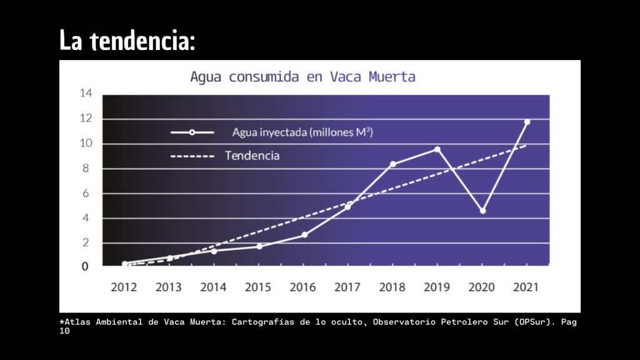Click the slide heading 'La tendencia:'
[127, 41]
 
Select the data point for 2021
[527, 122]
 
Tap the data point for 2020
[482, 211]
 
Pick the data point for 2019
[437, 149]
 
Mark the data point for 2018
[392, 164]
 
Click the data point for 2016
[304, 235]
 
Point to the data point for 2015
[259, 246]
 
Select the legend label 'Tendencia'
[252, 155]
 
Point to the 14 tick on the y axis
[86, 94]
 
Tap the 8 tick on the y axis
[88, 168]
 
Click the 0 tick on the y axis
[85, 266]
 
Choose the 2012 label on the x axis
[124, 287]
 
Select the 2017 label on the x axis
[347, 287]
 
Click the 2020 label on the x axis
[481, 287]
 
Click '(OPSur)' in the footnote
[533, 322]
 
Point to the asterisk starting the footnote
[62, 322]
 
